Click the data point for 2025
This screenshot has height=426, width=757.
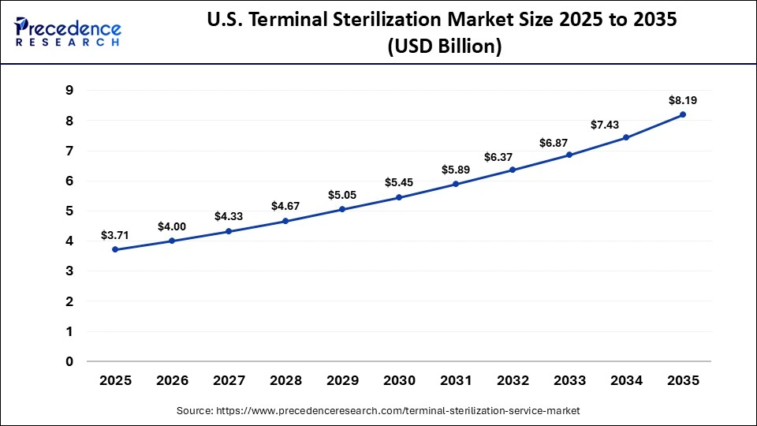pyautogui.click(x=115, y=249)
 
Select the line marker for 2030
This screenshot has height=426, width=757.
pyautogui.click(x=399, y=197)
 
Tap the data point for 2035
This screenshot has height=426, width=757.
pyautogui.click(x=683, y=114)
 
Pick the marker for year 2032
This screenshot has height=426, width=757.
pyautogui.click(x=513, y=170)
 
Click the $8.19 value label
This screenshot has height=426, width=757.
pyautogui.click(x=683, y=100)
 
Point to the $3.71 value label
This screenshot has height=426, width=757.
pyautogui.click(x=115, y=235)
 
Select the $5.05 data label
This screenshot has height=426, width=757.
pyautogui.click(x=342, y=195)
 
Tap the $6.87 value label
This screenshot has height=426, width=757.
pyautogui.click(x=569, y=142)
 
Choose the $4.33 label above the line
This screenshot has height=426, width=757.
pyautogui.click(x=229, y=216)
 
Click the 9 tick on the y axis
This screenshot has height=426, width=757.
pyautogui.click(x=69, y=91)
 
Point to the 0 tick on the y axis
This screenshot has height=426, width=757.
pyautogui.click(x=69, y=362)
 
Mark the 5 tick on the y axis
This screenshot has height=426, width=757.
pyautogui.click(x=69, y=211)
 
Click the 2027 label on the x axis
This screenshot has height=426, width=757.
pyautogui.click(x=229, y=380)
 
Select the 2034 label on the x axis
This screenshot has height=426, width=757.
pyautogui.click(x=626, y=380)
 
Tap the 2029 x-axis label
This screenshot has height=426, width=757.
pyautogui.click(x=342, y=380)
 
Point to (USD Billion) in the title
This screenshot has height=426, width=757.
pyautogui.click(x=444, y=47)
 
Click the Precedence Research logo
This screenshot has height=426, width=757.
pyautogui.click(x=68, y=32)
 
